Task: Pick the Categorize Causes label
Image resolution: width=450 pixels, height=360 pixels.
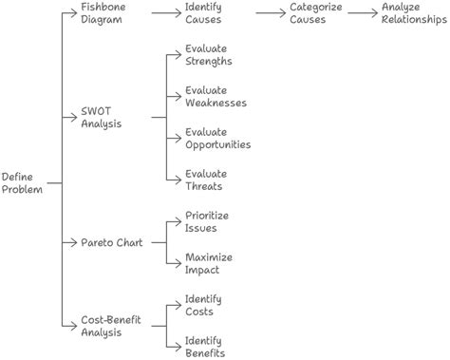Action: click(316, 13)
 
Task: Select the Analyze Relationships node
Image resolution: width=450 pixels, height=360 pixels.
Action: click(413, 13)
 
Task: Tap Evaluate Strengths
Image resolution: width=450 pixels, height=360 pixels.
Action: click(209, 55)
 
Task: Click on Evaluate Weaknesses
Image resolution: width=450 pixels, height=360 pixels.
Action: click(216, 96)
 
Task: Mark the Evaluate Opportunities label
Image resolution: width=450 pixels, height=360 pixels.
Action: click(217, 138)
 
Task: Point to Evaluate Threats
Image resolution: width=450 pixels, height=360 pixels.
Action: click(205, 180)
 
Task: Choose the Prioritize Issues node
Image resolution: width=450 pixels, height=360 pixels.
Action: click(206, 222)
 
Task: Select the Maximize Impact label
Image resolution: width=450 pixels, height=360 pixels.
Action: click(207, 263)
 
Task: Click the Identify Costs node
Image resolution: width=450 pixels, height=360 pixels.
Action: click(205, 304)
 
